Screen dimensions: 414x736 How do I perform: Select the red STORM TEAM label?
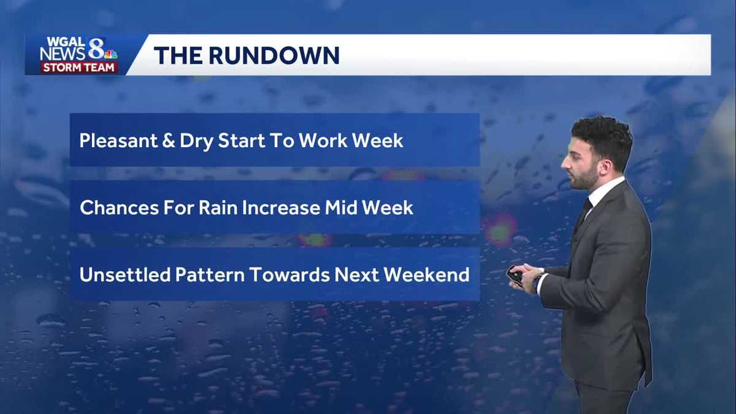tap(79, 67)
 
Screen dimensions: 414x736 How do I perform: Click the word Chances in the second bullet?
tap(117, 207)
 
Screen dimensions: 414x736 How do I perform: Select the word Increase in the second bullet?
tap(281, 207)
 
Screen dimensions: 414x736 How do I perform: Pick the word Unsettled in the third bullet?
tap(125, 274)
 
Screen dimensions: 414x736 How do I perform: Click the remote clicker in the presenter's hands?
tap(515, 275)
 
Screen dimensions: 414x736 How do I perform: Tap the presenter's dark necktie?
tap(582, 215)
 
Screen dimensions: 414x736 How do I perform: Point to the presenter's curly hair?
tap(602, 135)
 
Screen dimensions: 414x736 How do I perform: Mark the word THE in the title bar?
tap(176, 55)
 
